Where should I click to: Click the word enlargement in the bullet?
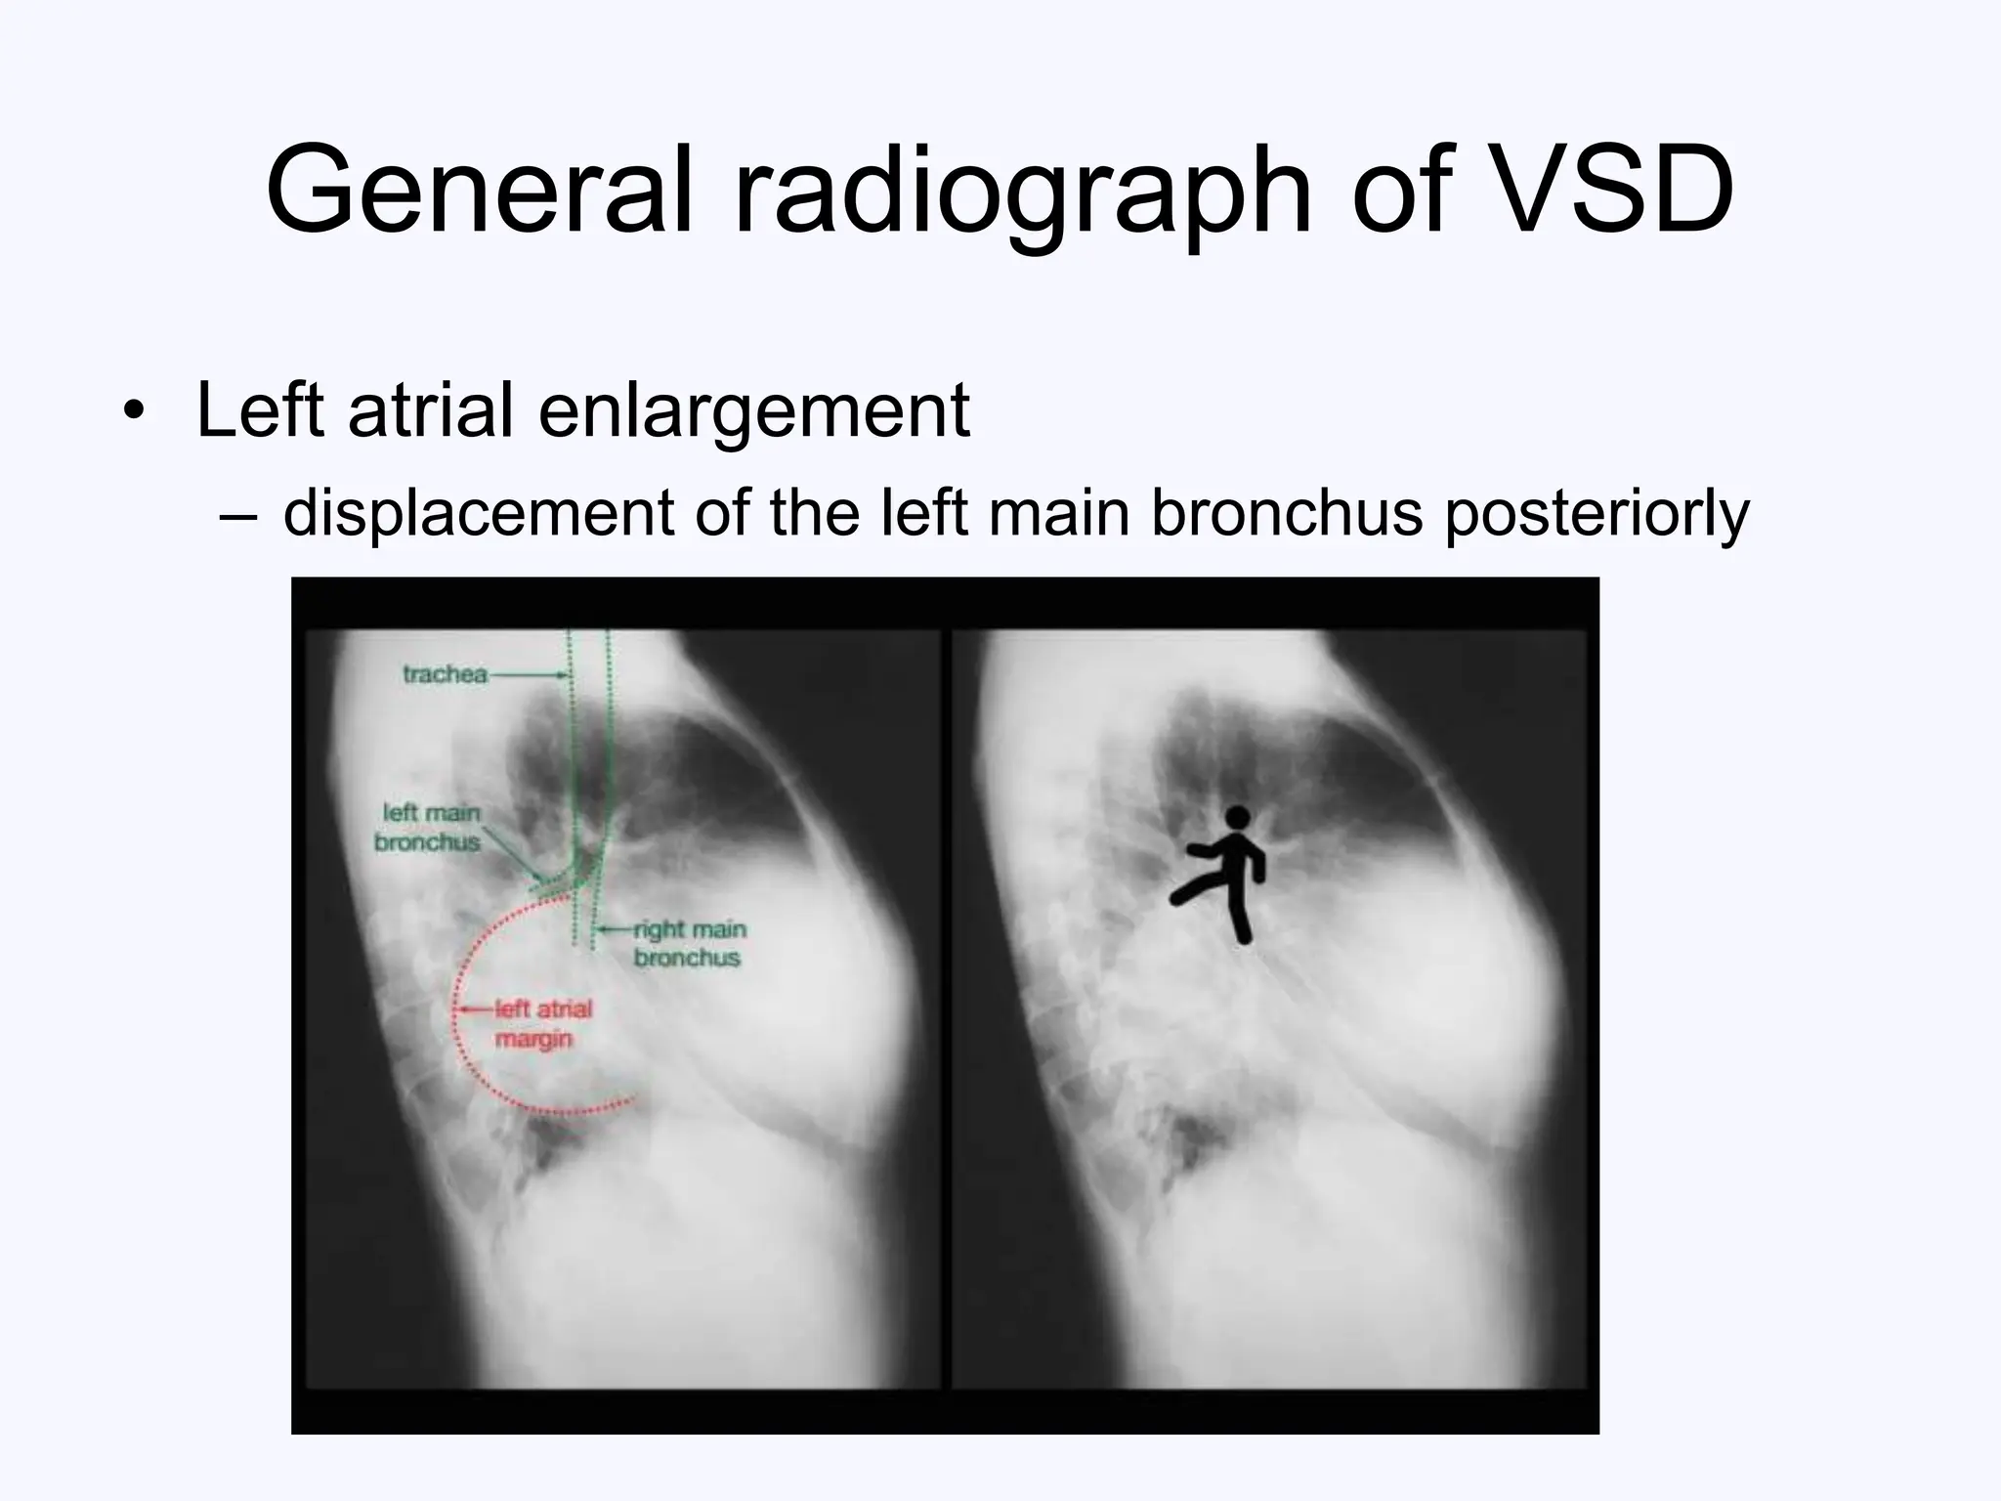pos(753,411)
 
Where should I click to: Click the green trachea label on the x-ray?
pos(445,674)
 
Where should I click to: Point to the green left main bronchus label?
pos(428,827)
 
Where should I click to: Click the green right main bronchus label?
pos(689,943)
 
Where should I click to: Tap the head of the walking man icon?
pos(1237,817)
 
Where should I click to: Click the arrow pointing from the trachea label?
pos(528,674)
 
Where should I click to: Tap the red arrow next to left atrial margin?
pos(477,1008)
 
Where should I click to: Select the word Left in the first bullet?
pos(260,411)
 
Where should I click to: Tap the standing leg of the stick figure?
pos(1239,920)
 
